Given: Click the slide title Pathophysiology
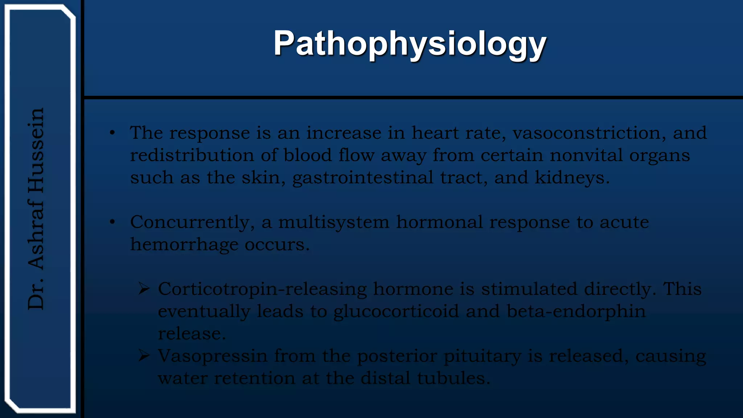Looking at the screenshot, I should (x=410, y=44).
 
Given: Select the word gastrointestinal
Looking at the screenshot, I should (x=363, y=178).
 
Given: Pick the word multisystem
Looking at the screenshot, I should (x=333, y=222).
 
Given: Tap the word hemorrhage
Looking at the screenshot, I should (x=184, y=245).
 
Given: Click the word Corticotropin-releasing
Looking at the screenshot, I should (x=262, y=289).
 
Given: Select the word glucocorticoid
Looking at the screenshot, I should (x=396, y=312).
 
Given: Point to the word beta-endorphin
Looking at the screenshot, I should (x=576, y=311).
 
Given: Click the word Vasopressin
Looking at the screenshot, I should (x=213, y=356).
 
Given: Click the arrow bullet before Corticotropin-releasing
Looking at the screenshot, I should (x=144, y=289).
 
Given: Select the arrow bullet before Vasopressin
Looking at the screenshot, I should (x=144, y=356).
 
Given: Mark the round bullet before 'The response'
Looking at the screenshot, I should (x=112, y=133).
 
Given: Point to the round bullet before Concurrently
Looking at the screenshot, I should (x=112, y=222).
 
